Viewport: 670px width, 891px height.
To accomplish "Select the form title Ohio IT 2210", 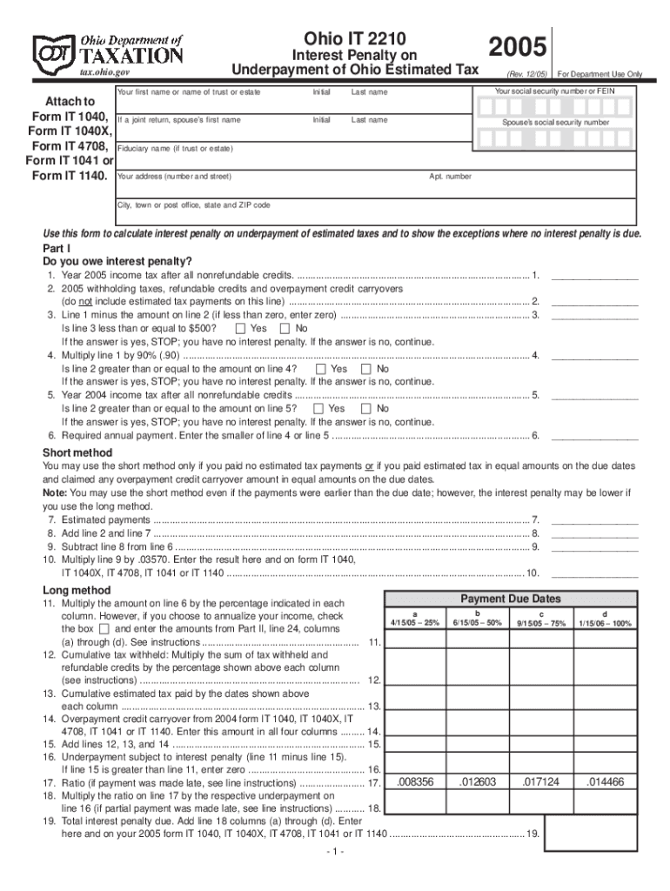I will [x=348, y=37].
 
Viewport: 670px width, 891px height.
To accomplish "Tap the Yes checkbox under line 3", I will [x=239, y=328].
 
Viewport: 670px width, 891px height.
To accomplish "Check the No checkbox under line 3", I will [x=285, y=328].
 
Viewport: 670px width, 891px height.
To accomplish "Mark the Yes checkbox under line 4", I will [x=320, y=369].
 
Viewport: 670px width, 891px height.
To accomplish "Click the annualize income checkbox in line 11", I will [x=104, y=628].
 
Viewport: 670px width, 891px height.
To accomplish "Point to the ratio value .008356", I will [x=414, y=782].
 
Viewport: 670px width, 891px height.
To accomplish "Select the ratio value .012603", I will [x=477, y=782].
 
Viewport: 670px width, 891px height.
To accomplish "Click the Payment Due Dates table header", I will [x=510, y=599].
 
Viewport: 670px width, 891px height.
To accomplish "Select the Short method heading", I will [x=77, y=452].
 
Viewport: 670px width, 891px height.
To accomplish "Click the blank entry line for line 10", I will [x=595, y=573].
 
